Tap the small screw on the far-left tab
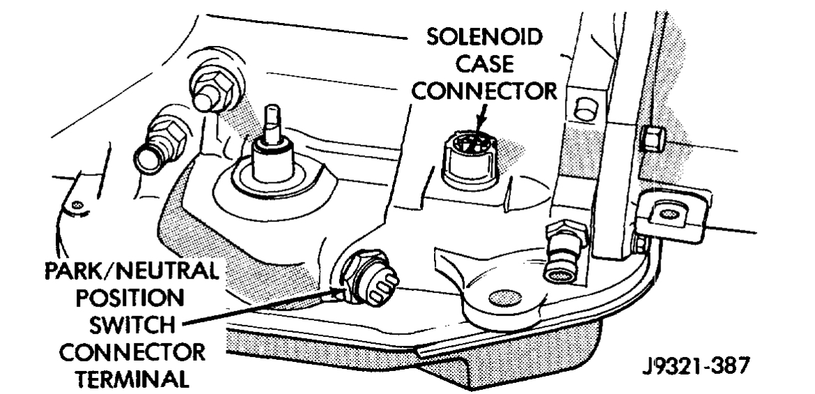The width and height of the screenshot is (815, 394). click(77, 205)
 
